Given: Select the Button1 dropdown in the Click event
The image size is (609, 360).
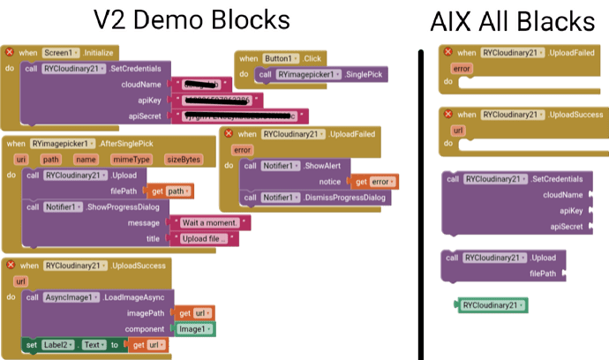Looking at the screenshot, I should (x=282, y=58).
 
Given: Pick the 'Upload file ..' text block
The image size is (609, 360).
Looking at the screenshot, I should (x=205, y=239).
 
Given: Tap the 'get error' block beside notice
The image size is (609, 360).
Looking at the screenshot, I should (x=375, y=182).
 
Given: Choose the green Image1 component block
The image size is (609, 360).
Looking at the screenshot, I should (x=193, y=328).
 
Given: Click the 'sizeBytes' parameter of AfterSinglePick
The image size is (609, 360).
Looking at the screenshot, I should (x=184, y=159).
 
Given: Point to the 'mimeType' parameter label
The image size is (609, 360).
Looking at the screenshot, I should (x=130, y=159).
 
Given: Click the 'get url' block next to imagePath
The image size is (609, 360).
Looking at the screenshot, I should (x=195, y=313).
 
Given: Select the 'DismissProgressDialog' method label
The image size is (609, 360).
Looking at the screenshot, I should (x=345, y=198).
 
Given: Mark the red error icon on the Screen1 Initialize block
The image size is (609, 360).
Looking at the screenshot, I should (x=9, y=53).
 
